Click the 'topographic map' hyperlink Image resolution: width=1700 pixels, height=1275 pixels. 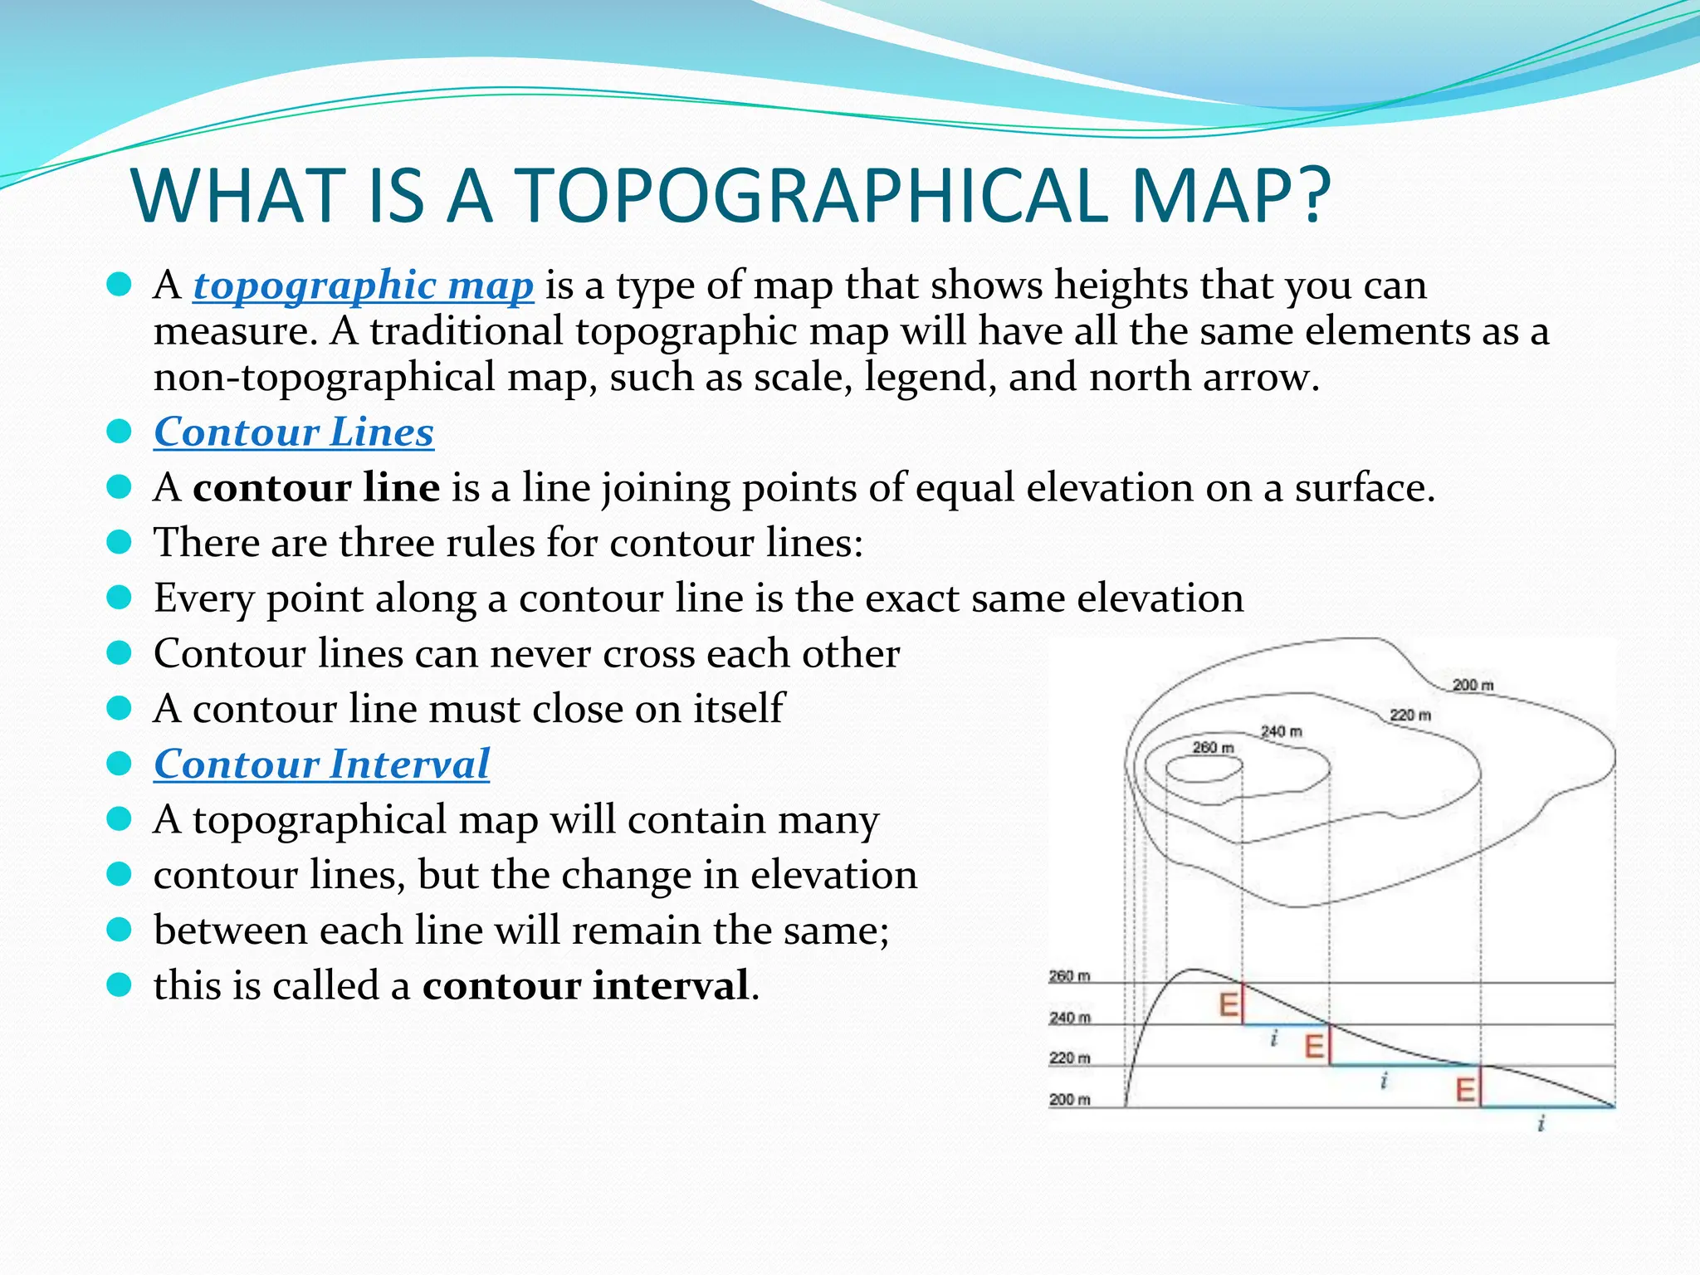coord(363,286)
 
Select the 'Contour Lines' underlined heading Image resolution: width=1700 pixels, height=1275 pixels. coord(294,432)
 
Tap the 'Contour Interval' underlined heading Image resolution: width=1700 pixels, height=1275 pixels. coord(321,764)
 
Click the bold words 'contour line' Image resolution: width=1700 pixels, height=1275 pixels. coord(316,487)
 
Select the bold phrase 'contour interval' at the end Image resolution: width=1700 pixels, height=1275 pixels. coord(586,985)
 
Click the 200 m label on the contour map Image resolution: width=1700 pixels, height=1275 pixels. coord(1473,685)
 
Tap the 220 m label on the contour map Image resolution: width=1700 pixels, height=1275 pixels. coord(1410,715)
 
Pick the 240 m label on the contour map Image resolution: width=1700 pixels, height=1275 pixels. coord(1282,731)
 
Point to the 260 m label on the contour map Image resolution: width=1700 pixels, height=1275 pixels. coord(1213,748)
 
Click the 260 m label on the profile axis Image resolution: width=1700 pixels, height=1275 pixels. coord(1069,976)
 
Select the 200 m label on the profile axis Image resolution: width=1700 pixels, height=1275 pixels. coord(1069,1100)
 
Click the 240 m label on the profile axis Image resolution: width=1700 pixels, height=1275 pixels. coord(1069,1018)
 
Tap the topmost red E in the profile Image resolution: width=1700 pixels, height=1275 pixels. coord(1229,1005)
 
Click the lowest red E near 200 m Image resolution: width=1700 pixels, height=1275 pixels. coord(1466,1089)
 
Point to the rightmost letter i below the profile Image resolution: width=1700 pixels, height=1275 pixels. coord(1541,1124)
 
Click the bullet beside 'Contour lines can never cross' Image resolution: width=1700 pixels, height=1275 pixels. coord(120,653)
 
